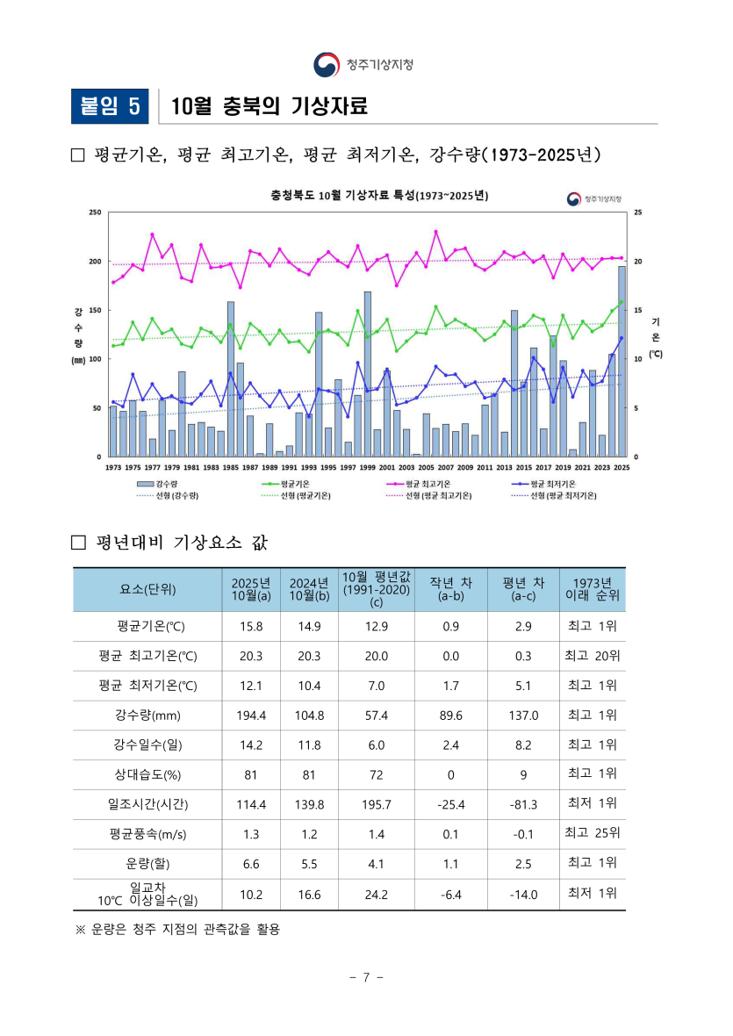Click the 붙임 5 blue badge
[x=110, y=106]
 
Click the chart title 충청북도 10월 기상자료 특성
[x=379, y=195]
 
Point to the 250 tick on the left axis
[x=95, y=212]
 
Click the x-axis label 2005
[x=426, y=468]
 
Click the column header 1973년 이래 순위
[x=593, y=589]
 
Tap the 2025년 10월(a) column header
[x=251, y=589]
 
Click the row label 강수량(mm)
[x=147, y=716]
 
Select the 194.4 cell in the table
[x=251, y=716]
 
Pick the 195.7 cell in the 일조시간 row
[x=377, y=804]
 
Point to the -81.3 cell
[x=523, y=804]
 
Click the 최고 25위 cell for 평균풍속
[x=593, y=833]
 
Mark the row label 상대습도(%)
[x=147, y=774]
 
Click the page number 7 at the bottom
[x=367, y=977]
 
